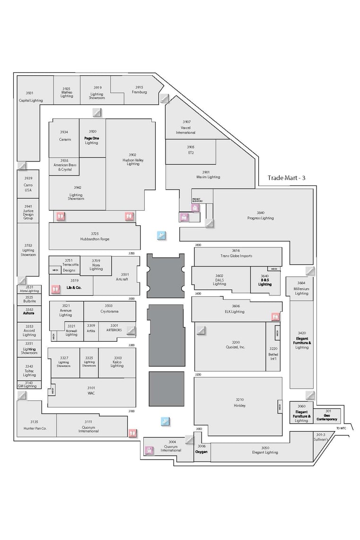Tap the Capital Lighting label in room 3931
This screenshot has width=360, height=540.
tap(30, 100)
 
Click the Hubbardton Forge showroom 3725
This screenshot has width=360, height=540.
tap(95, 236)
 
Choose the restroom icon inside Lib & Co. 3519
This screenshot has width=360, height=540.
tap(56, 287)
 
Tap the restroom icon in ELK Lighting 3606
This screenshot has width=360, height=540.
tap(275, 316)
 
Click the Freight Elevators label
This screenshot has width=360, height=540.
tap(197, 200)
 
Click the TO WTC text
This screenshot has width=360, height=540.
tap(341, 428)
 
